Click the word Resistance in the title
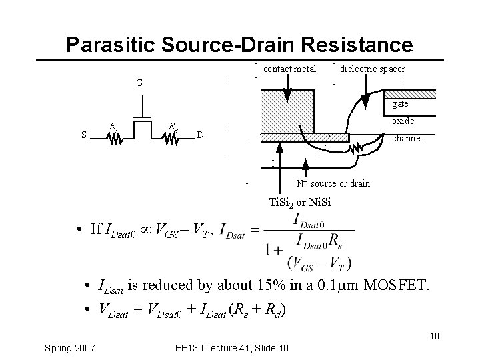coord(356,44)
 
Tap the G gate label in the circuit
coord(139,83)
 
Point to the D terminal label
coord(200,135)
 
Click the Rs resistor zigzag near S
coord(114,138)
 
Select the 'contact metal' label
coord(289,68)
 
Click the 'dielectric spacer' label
coord(372,68)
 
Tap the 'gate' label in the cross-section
coord(400,104)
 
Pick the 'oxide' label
coord(403,121)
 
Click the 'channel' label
coord(406,139)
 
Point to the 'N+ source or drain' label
coord(333,183)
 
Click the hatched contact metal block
coord(287,111)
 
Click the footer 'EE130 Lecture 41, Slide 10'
coord(229,348)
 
